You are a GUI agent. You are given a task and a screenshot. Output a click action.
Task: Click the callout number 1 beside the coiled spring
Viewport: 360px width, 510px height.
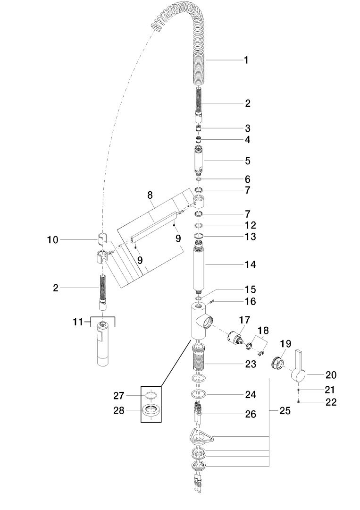246,60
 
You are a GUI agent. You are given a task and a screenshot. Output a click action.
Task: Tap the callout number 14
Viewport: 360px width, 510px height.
250,264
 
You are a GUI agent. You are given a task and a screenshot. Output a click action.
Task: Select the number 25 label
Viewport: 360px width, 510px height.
285,411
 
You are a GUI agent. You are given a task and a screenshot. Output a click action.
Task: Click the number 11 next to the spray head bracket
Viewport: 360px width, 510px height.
78,322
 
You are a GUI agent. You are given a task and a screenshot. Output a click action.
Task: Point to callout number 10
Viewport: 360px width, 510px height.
53,240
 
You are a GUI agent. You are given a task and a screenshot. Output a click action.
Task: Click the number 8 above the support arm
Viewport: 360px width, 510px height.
150,195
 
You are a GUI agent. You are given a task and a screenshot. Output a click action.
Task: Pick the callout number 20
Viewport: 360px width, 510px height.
331,375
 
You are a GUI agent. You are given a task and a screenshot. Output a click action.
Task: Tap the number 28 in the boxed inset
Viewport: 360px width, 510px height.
119,411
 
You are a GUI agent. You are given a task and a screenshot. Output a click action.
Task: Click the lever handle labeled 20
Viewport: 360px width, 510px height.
298,366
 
